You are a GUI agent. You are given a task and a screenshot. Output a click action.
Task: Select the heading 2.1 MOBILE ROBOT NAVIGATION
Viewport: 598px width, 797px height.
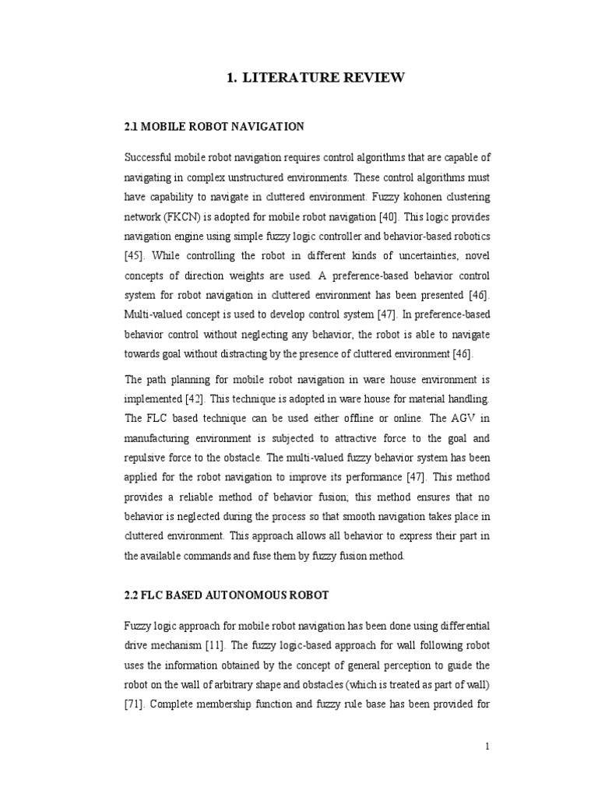[214, 125]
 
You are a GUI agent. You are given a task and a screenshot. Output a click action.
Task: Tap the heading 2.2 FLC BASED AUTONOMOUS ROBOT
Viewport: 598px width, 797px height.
[226, 595]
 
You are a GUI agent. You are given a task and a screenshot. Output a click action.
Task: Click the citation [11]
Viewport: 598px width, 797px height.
[216, 644]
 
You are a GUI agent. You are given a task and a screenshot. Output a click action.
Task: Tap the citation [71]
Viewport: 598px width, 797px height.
[135, 704]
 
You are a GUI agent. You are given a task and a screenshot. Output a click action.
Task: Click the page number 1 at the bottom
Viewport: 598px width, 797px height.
[487, 746]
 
